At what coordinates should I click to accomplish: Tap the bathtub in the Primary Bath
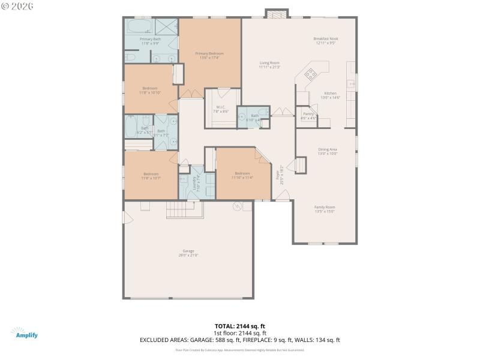140,28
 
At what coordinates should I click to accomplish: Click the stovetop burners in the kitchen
312,74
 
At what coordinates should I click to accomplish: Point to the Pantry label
308,113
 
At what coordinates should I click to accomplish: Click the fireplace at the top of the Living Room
277,14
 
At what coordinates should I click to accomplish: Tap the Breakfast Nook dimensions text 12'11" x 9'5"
326,43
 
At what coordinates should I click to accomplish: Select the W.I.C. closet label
221,107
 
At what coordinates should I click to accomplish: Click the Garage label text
188,251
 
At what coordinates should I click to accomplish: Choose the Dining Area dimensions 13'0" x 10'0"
328,154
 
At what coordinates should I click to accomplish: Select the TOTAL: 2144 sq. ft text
240,326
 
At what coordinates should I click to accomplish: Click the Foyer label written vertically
278,175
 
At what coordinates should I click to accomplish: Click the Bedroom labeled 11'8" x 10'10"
150,90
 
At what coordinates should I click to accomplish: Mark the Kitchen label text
331,93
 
